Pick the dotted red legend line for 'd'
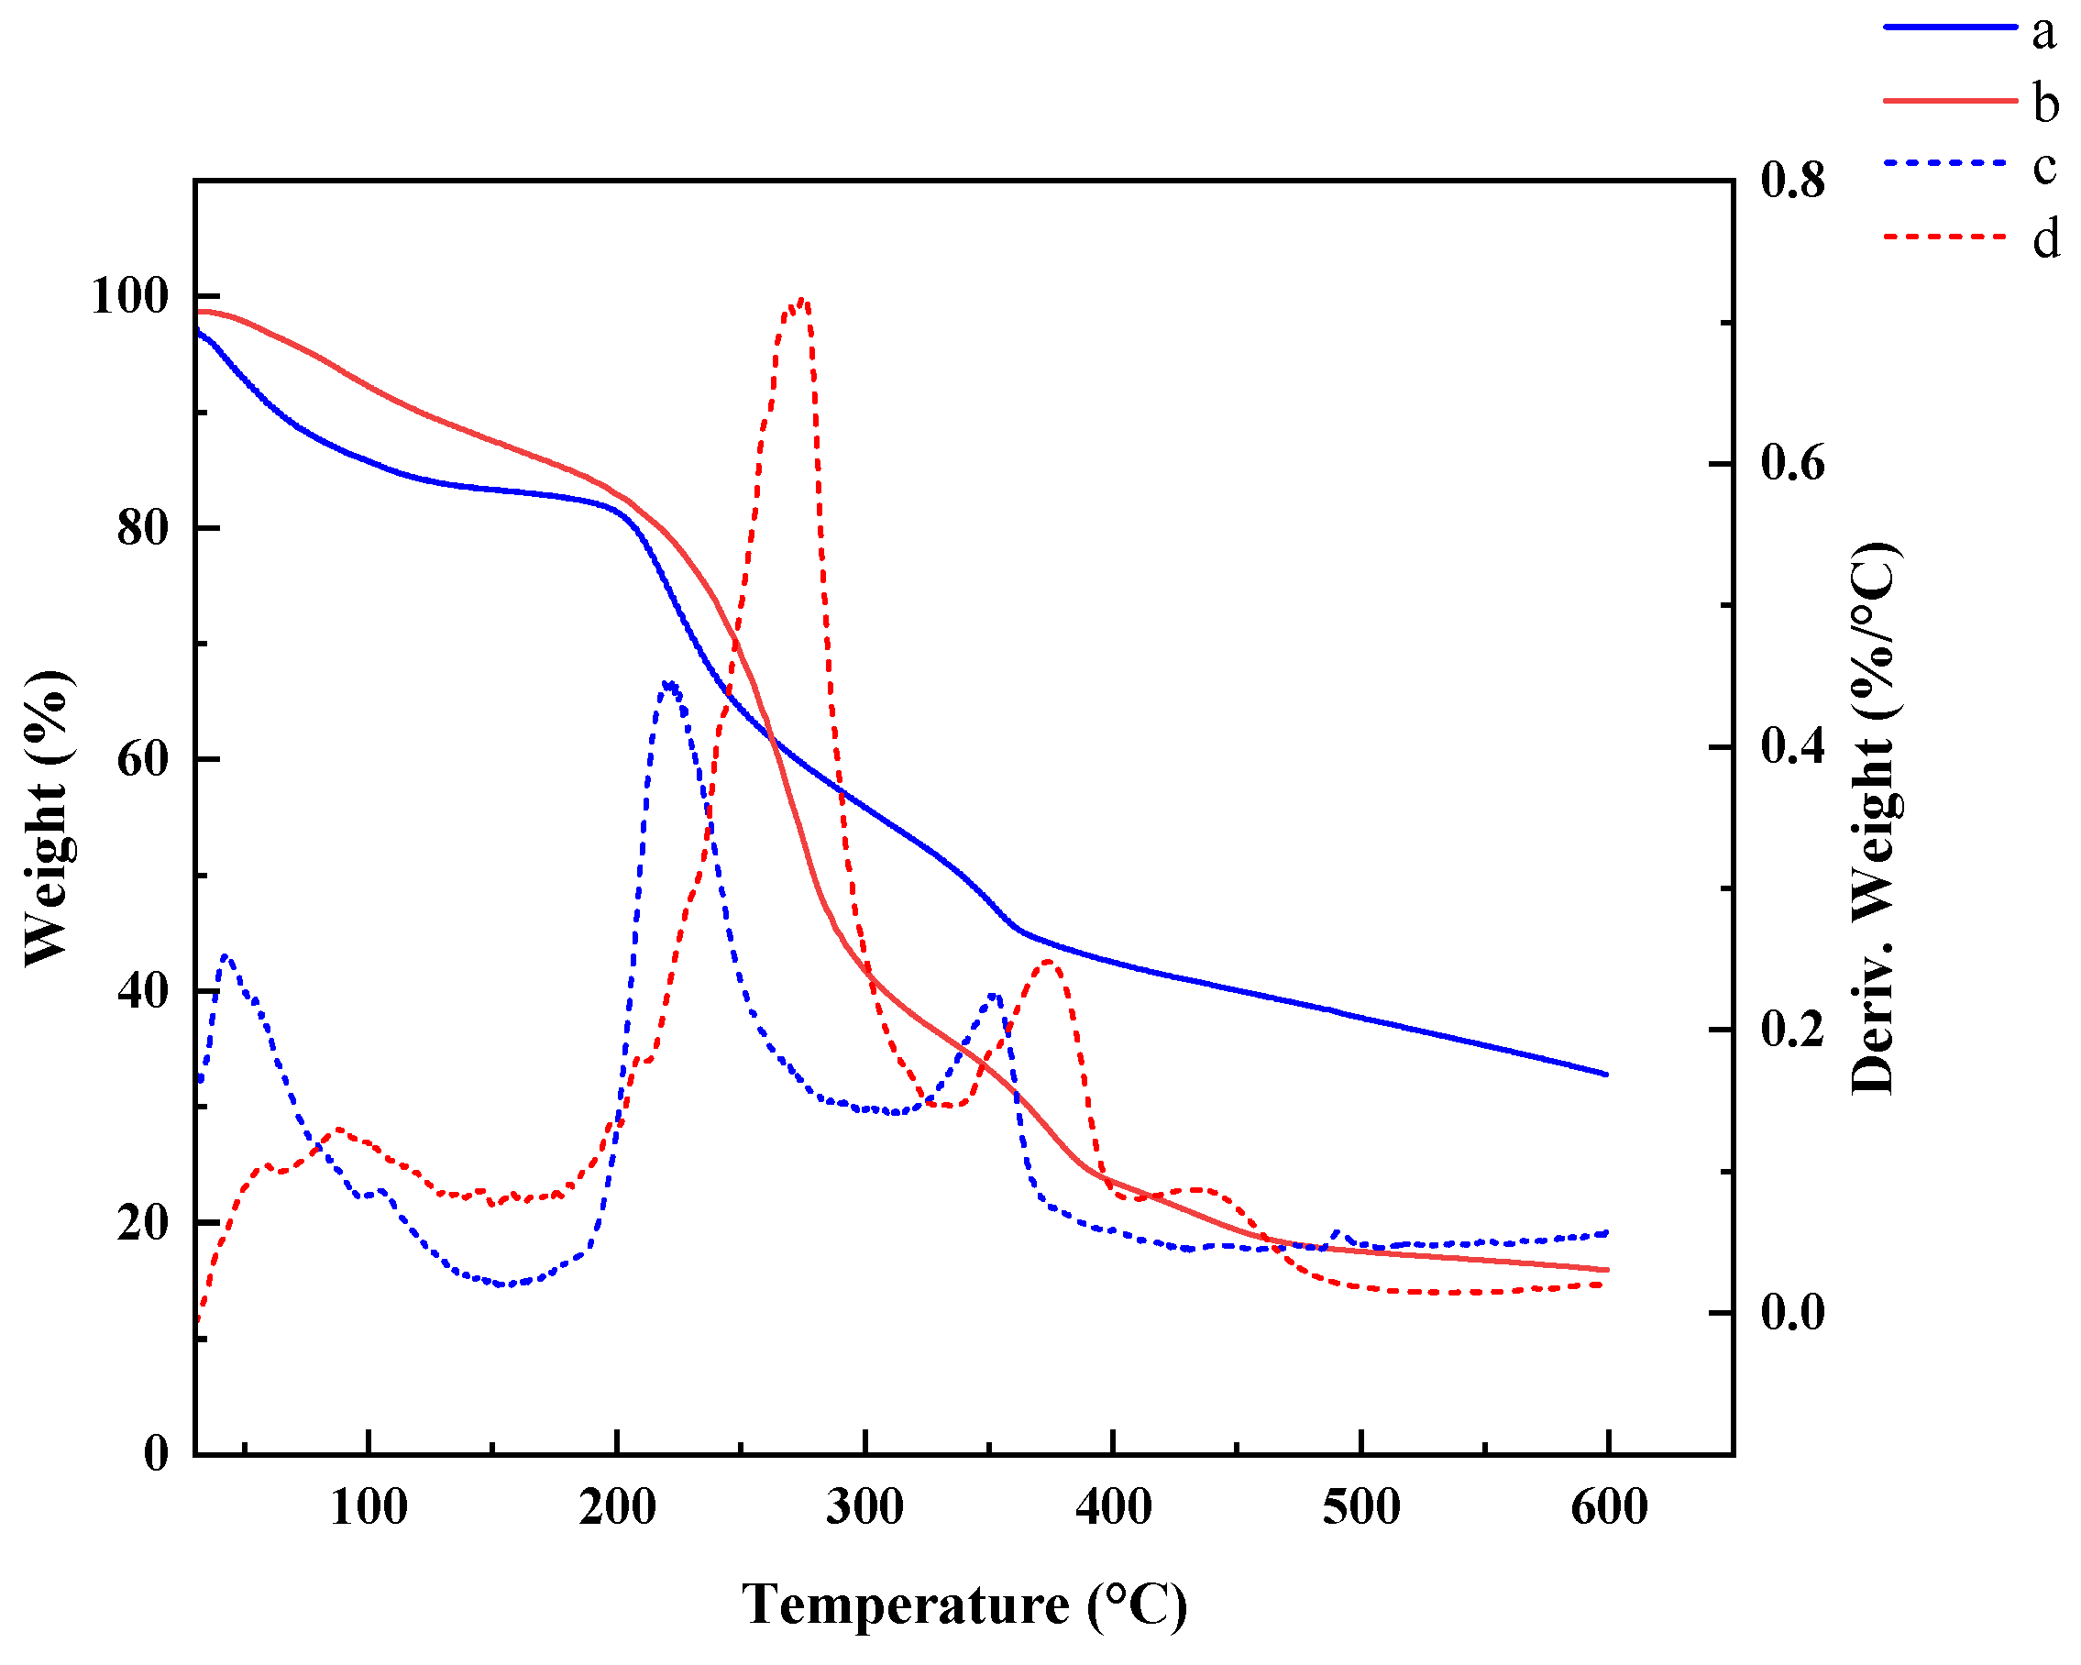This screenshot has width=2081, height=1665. click(x=1949, y=236)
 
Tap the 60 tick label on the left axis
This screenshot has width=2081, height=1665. click(x=142, y=760)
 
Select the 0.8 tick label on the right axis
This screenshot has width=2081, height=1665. click(x=1792, y=181)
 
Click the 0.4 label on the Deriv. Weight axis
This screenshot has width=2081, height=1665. click(x=1792, y=746)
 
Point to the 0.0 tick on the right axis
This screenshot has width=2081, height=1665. click(x=1792, y=1313)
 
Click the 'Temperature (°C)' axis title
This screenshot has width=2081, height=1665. click(x=963, y=1605)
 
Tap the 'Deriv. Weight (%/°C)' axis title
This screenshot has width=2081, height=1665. click(x=1875, y=819)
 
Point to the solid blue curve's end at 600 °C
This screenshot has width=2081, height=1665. click(x=1607, y=1075)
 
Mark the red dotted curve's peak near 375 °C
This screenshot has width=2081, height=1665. click(x=1048, y=962)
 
